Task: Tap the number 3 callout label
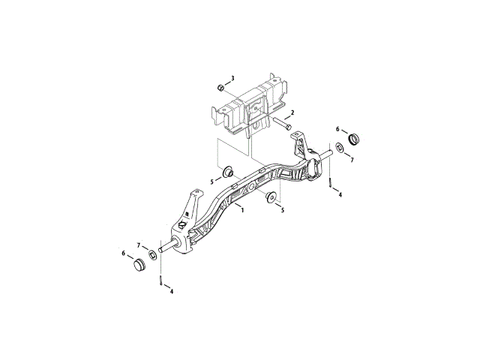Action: click(232, 79)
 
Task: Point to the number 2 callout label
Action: click(292, 112)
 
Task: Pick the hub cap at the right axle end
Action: click(354, 139)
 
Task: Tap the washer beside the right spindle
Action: click(340, 146)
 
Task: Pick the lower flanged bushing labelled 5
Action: click(270, 198)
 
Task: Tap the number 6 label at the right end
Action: click(337, 129)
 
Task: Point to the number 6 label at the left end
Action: click(124, 253)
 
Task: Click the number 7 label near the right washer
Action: click(352, 160)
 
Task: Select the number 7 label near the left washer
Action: click(138, 245)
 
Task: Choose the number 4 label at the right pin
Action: click(340, 195)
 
